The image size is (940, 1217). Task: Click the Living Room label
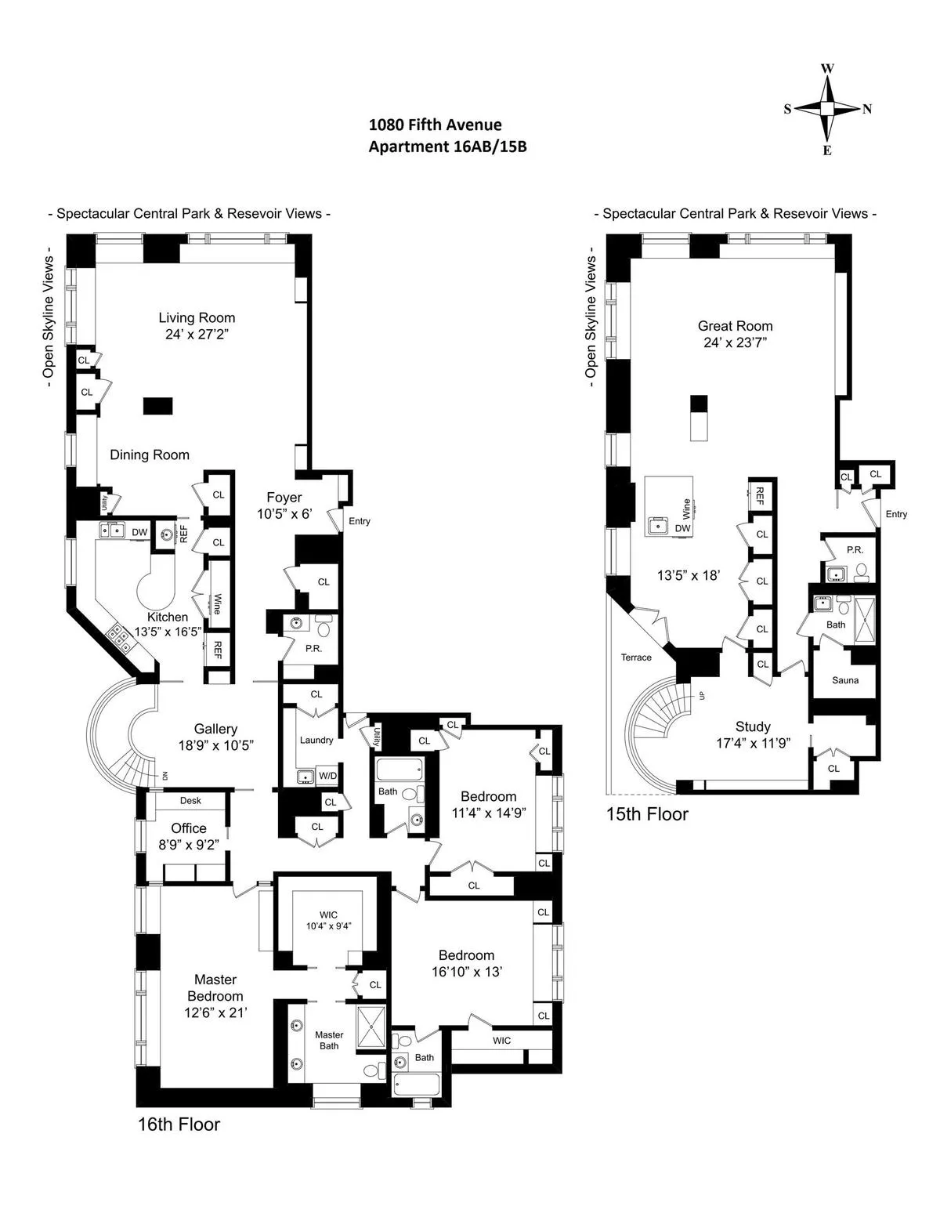pyautogui.click(x=197, y=317)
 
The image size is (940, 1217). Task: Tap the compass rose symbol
pyautogui.click(x=827, y=109)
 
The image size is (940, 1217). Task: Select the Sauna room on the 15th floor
pyautogui.click(x=844, y=680)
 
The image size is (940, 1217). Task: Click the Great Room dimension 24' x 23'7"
pyautogui.click(x=735, y=342)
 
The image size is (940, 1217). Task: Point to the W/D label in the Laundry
pyautogui.click(x=327, y=776)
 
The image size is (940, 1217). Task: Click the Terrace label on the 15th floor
pyautogui.click(x=636, y=657)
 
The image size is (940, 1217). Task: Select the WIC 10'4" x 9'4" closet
pyautogui.click(x=328, y=920)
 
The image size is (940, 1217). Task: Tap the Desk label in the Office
pyautogui.click(x=190, y=800)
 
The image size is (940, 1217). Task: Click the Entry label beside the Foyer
pyautogui.click(x=360, y=521)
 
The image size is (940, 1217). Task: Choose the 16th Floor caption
pyautogui.click(x=179, y=1125)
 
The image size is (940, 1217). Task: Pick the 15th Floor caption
pyautogui.click(x=647, y=814)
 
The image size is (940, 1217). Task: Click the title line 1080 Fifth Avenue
pyautogui.click(x=435, y=125)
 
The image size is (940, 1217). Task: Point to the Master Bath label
pyautogui.click(x=329, y=1040)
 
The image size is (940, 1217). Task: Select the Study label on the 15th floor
pyautogui.click(x=753, y=726)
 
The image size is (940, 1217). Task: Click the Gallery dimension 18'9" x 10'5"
pyautogui.click(x=215, y=745)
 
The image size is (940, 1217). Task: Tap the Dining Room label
pyautogui.click(x=150, y=455)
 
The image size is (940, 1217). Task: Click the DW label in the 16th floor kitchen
pyautogui.click(x=139, y=533)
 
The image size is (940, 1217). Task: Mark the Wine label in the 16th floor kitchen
pyautogui.click(x=217, y=605)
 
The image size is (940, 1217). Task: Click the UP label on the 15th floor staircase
pyautogui.click(x=701, y=695)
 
